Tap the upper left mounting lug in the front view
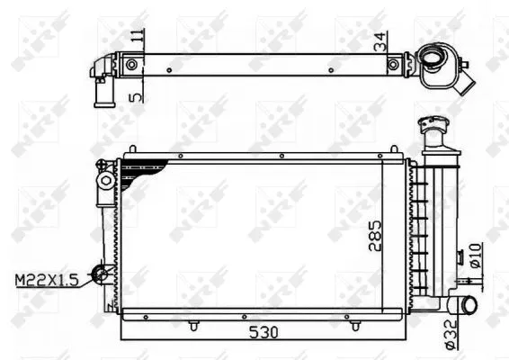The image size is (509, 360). (106, 180)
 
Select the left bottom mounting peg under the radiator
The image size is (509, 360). (195, 321)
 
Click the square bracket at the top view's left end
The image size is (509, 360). (133, 65)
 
